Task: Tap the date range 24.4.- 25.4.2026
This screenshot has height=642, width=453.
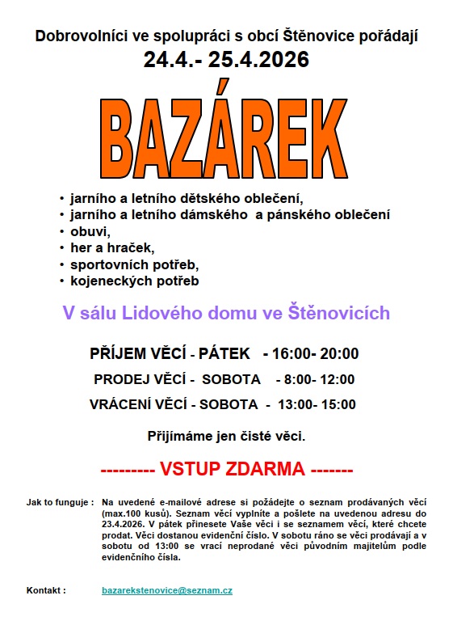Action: tap(226, 60)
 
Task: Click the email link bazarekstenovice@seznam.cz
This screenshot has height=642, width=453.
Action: tap(167, 591)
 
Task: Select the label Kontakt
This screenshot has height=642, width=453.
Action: tap(46, 591)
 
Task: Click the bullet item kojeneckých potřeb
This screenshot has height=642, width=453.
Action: tap(134, 281)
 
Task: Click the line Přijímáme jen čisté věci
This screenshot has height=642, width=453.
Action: tap(226, 437)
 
